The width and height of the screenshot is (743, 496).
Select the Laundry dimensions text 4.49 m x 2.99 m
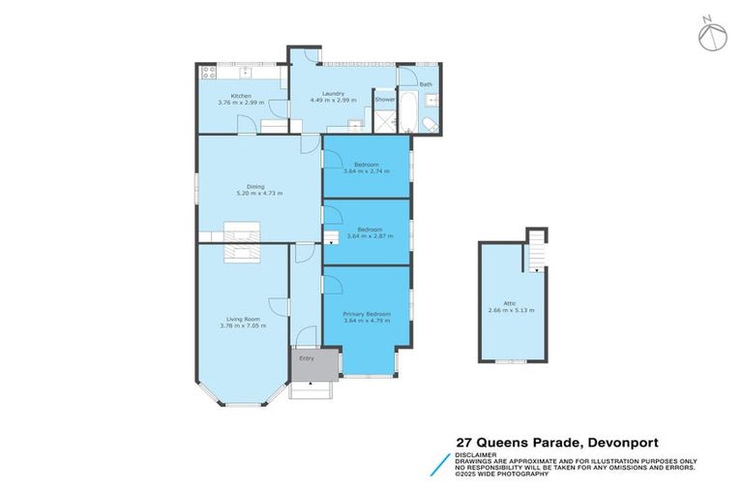point(329,101)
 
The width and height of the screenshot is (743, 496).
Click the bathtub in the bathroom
point(410,108)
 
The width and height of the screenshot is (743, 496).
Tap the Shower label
point(385,99)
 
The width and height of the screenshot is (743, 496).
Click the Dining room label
point(255,186)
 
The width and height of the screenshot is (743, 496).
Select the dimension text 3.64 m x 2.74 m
point(366,170)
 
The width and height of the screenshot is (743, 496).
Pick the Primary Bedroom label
point(366,315)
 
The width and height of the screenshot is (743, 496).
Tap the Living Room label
point(244,318)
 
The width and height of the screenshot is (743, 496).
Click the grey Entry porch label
point(307,358)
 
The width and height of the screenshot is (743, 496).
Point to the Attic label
point(512,303)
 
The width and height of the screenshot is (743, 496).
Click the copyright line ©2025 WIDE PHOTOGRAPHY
point(502,474)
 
